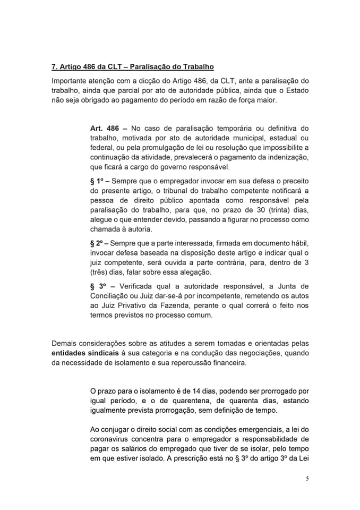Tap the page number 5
point(307,478)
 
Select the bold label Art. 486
point(105,129)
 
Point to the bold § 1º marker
point(99,181)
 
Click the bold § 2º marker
point(99,243)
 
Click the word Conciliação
point(113,296)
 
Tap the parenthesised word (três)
point(100,272)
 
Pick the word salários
point(134,448)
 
